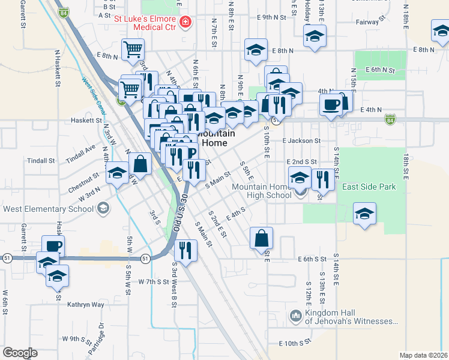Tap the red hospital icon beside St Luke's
click(x=185, y=23)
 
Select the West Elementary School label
click(x=49, y=209)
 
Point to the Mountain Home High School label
click(x=262, y=191)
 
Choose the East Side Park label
click(x=369, y=187)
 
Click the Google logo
click(x=20, y=353)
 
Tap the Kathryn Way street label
click(x=86, y=305)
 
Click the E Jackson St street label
click(x=301, y=140)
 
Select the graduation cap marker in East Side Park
click(x=364, y=214)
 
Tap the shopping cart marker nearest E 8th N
click(x=133, y=50)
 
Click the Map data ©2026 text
click(x=423, y=355)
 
